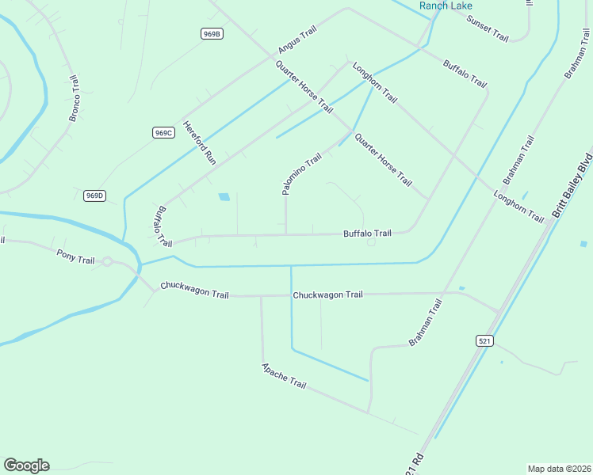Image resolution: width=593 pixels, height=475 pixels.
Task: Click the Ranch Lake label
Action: [446, 6]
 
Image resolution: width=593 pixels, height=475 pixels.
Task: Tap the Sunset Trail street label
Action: [487, 28]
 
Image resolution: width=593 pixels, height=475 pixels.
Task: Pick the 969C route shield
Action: [163, 132]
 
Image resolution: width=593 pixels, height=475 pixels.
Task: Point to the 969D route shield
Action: [94, 196]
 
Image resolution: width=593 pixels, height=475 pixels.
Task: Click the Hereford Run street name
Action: [200, 142]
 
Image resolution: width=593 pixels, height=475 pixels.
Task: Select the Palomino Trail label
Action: [302, 174]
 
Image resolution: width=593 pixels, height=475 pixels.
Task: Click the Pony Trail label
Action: [76, 256]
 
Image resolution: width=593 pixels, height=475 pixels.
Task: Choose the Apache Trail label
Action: [284, 376]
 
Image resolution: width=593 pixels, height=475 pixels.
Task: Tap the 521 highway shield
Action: [485, 340]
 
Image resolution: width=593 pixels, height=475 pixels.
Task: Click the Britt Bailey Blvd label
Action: [572, 182]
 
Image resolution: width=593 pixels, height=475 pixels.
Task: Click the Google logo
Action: [26, 465]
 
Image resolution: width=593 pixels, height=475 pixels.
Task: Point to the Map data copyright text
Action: [559, 468]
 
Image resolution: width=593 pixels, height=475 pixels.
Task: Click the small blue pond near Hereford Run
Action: [224, 196]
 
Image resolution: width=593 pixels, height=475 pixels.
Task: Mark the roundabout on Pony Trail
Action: [107, 262]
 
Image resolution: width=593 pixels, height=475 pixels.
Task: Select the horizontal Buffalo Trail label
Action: [367, 234]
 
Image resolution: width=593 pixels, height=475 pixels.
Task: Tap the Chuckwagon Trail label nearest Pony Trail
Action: [194, 290]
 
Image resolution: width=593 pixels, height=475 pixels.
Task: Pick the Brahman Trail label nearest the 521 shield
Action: [424, 327]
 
